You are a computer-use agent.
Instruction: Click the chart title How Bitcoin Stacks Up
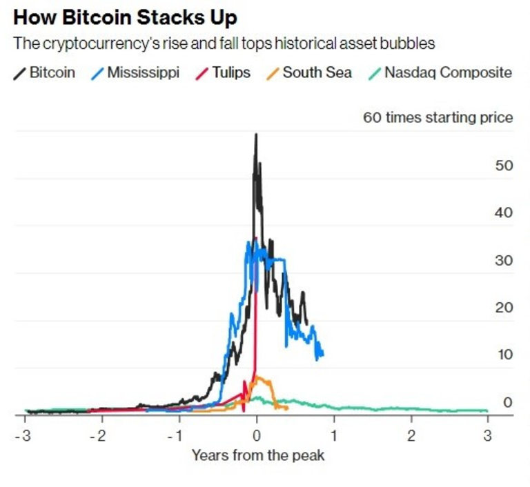click(126, 17)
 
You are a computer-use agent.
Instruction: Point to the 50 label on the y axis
click(504, 166)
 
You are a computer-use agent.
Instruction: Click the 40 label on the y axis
click(504, 213)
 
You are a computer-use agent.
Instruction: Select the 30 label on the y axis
click(504, 261)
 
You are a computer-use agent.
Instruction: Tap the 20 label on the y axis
click(504, 308)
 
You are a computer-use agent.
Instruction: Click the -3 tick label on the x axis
click(24, 435)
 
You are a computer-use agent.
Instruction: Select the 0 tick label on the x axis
click(257, 435)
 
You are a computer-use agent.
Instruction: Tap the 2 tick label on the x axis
click(411, 435)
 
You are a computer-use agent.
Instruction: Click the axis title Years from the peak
click(257, 455)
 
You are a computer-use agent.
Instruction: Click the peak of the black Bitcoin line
click(256, 135)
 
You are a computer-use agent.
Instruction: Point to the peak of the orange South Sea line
click(258, 377)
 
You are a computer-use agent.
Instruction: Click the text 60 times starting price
click(438, 117)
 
